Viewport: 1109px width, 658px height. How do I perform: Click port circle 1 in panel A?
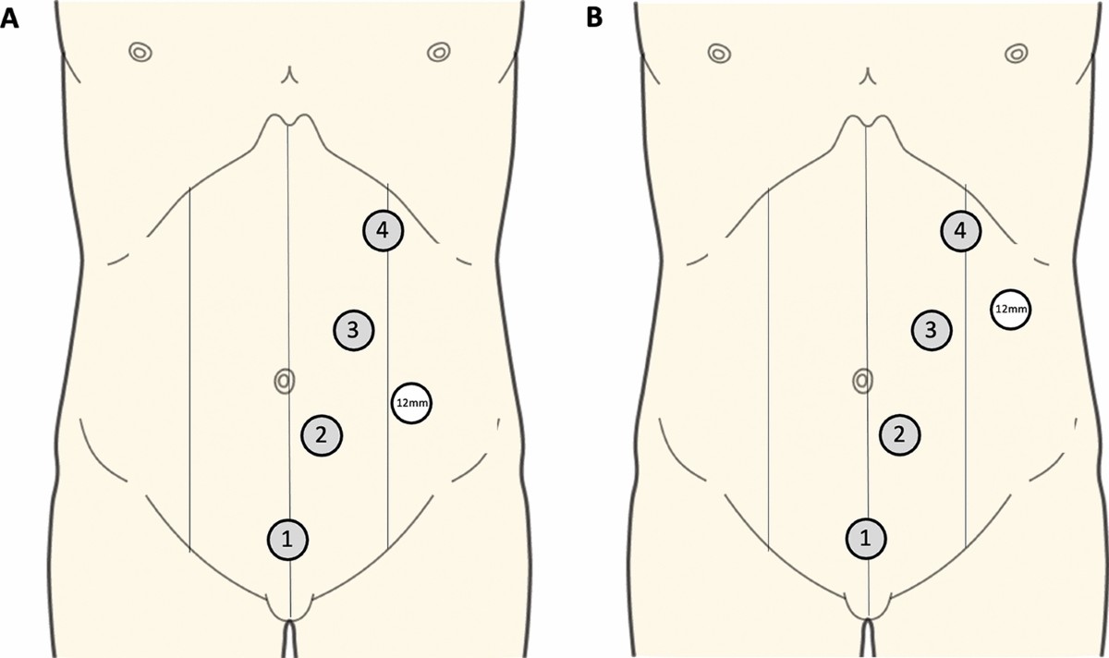[x=287, y=539]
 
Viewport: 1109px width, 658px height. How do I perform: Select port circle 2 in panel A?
[x=322, y=434]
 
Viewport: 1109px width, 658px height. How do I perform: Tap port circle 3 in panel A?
[x=355, y=328]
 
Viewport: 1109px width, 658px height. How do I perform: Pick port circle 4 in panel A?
[x=383, y=231]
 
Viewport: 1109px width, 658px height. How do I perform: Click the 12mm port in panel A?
[x=412, y=404]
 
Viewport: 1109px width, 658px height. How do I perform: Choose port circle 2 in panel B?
[x=900, y=433]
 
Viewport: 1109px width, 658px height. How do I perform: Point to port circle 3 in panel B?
[x=932, y=328]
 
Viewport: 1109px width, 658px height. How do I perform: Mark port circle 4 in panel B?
[x=961, y=231]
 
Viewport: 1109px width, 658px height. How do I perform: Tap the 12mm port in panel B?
[x=1010, y=310]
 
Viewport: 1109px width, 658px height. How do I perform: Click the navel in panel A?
[x=285, y=379]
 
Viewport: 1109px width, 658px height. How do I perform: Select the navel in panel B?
[x=862, y=379]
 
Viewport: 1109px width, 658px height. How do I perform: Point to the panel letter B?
[x=591, y=18]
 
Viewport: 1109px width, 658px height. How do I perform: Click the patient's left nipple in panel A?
[x=437, y=52]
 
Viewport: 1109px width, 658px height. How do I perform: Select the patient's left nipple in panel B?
[x=1015, y=52]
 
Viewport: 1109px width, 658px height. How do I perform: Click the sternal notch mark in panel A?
[x=289, y=74]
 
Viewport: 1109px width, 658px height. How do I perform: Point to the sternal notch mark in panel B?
[x=867, y=74]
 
